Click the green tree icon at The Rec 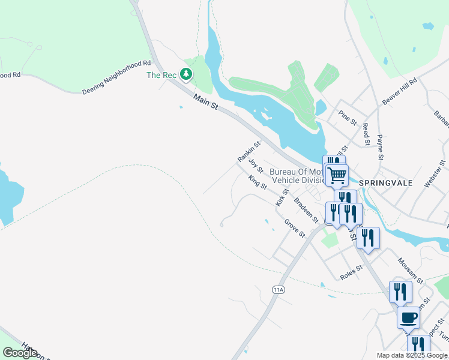[x=186, y=74]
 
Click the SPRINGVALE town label [x=386, y=183]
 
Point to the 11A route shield [x=277, y=289]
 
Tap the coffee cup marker [x=409, y=317]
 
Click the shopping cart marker [x=337, y=175]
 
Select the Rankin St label [x=249, y=152]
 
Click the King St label [x=258, y=182]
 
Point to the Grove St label [x=295, y=228]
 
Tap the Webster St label [x=435, y=174]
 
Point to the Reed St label [x=364, y=134]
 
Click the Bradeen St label [x=305, y=207]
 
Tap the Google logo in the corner [x=20, y=353]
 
